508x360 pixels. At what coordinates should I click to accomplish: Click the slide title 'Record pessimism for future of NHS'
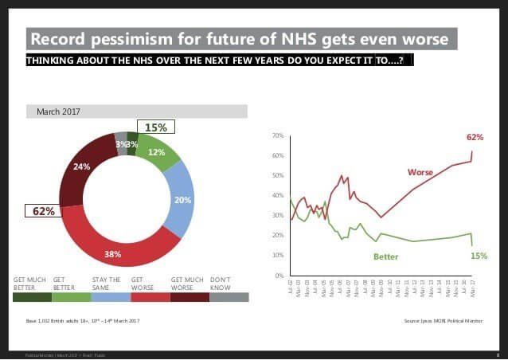tap(242, 39)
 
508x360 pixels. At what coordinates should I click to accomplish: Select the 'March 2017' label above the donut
tap(58, 112)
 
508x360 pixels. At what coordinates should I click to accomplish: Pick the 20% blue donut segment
tap(182, 200)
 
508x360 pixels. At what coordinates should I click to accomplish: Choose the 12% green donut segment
tap(157, 152)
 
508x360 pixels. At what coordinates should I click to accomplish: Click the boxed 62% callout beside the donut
tap(44, 211)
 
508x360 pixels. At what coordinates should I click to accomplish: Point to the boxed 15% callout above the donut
tap(155, 127)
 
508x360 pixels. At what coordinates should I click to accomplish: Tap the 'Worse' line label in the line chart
tap(420, 172)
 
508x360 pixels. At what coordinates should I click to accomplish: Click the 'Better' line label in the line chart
tap(385, 256)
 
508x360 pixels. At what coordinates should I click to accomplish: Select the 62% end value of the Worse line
tap(475, 137)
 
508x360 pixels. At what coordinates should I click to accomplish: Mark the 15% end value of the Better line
tap(479, 256)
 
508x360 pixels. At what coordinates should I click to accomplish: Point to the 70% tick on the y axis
tap(278, 136)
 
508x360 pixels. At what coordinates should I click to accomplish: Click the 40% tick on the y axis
tap(278, 196)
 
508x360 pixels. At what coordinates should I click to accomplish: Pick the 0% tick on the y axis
tap(279, 276)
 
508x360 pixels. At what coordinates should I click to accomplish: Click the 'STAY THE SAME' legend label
tap(106, 283)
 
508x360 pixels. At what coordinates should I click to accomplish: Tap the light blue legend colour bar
tap(110, 297)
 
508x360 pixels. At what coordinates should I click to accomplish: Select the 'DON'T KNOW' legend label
tap(221, 283)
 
